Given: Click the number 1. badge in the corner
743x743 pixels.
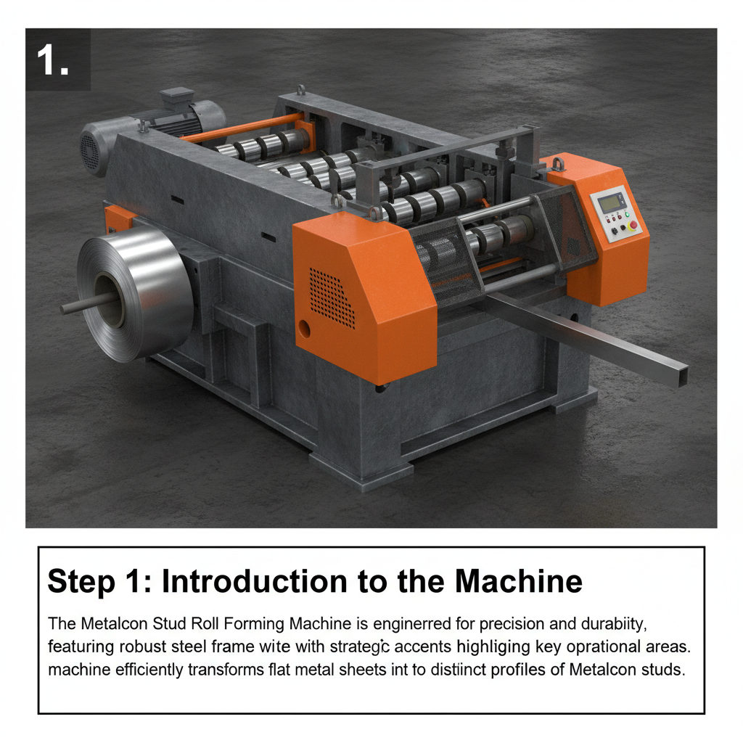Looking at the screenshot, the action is (57, 59).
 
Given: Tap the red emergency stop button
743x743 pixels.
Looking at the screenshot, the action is (633, 225).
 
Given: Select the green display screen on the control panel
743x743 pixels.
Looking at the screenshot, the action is (610, 203).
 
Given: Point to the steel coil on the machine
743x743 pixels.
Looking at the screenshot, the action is (135, 293).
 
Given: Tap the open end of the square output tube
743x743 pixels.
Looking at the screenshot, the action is (682, 375).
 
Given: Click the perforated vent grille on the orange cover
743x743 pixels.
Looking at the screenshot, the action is (332, 298).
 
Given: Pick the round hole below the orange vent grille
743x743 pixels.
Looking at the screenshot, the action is (304, 329).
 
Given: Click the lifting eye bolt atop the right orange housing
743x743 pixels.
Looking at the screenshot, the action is (559, 164).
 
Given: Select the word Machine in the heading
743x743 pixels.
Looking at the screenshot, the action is (518, 581).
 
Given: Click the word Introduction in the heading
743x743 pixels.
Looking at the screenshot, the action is (254, 581).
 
